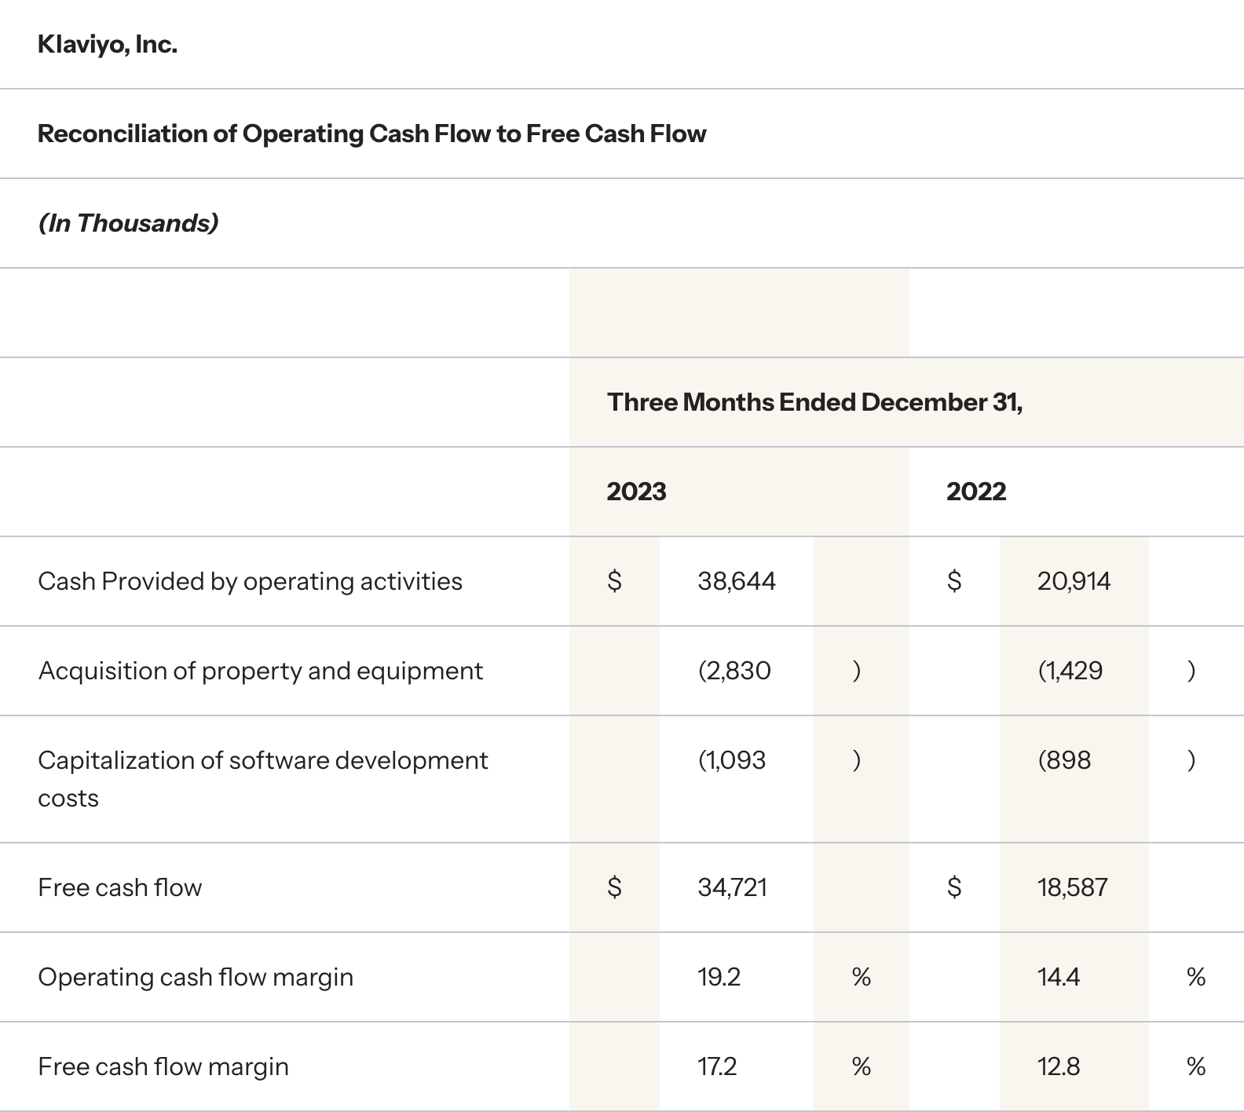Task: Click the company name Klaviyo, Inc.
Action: (108, 45)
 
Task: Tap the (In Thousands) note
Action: (128, 223)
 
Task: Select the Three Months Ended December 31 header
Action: (814, 402)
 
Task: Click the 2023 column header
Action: (636, 492)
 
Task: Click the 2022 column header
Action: (975, 492)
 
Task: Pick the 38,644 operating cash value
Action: (736, 581)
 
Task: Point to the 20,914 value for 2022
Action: (1074, 581)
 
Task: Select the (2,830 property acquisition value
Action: (734, 671)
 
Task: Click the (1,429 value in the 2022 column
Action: (1070, 671)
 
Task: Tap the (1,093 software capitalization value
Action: (731, 760)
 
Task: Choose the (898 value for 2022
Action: (1064, 760)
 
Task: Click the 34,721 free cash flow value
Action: (732, 887)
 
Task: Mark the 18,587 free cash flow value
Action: (1072, 887)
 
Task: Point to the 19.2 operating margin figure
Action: (719, 977)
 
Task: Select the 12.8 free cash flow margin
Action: (1058, 1066)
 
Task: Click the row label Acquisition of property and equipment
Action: (260, 671)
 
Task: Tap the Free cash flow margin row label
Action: (163, 1066)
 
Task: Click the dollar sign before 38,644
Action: (615, 581)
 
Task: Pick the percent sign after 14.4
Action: (1196, 977)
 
